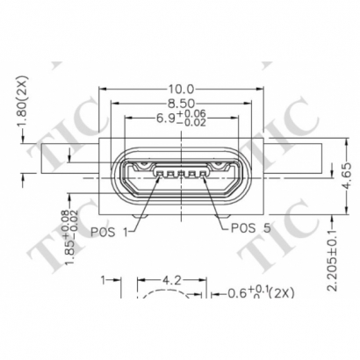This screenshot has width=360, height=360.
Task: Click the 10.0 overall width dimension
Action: pos(180,89)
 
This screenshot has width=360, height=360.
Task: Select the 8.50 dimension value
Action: pos(180,103)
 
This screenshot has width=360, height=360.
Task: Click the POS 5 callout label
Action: pos(250,228)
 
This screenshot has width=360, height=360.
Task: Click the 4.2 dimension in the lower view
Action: pos(172,282)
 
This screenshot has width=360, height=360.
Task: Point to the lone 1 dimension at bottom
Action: pos(103,281)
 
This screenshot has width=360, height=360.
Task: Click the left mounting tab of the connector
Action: pos(70,162)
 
